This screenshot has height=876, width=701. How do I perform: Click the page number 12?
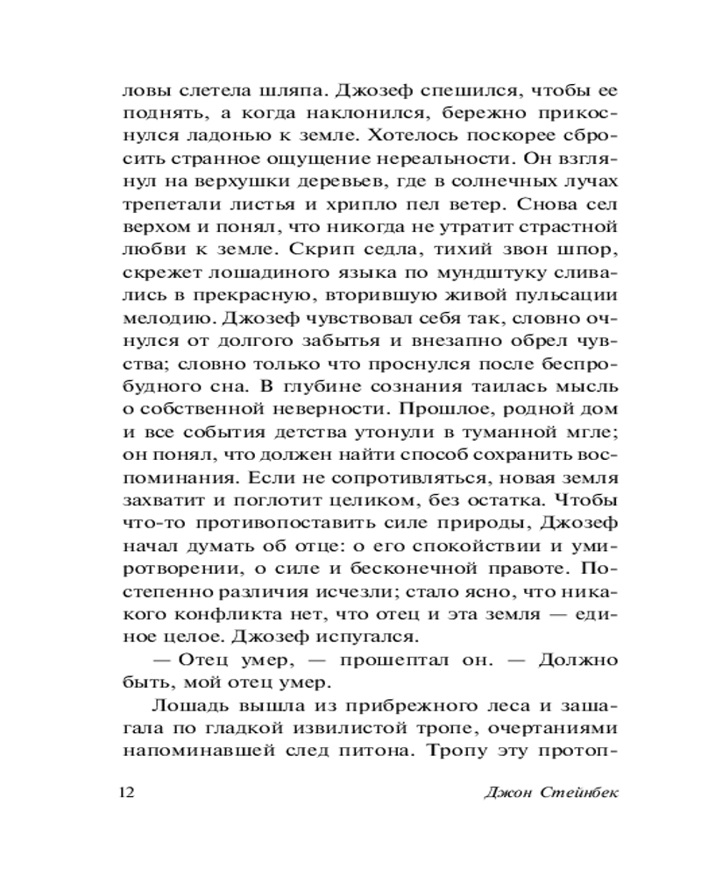click(x=125, y=793)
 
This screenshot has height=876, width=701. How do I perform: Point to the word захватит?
click(x=160, y=499)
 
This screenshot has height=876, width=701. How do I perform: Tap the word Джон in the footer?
click(x=508, y=793)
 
